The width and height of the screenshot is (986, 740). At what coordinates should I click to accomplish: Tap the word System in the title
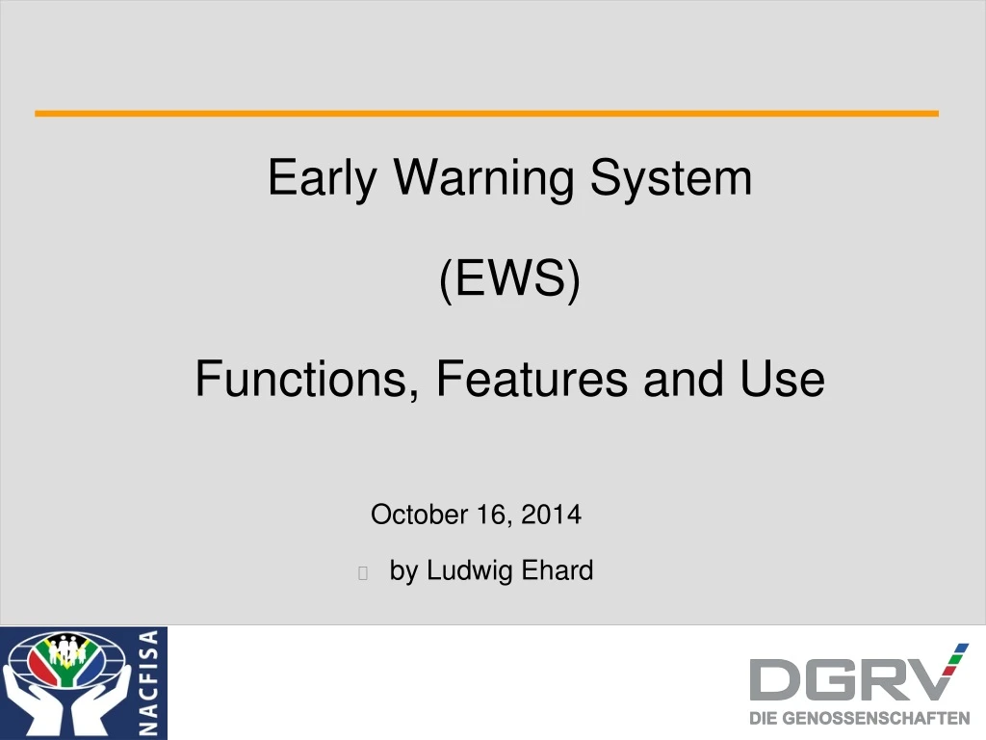[x=671, y=178]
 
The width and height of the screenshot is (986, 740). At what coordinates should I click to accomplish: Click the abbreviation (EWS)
[x=510, y=280]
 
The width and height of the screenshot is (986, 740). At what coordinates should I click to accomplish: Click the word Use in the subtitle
[x=783, y=379]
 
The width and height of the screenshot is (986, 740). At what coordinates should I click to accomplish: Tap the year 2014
[x=552, y=515]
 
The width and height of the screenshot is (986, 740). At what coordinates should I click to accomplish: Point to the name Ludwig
[x=470, y=571]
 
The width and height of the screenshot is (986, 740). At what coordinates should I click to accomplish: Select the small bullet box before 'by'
[x=363, y=573]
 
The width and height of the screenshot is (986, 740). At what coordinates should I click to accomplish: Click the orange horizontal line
[x=486, y=114]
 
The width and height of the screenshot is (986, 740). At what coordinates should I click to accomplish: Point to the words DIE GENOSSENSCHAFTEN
[x=860, y=718]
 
